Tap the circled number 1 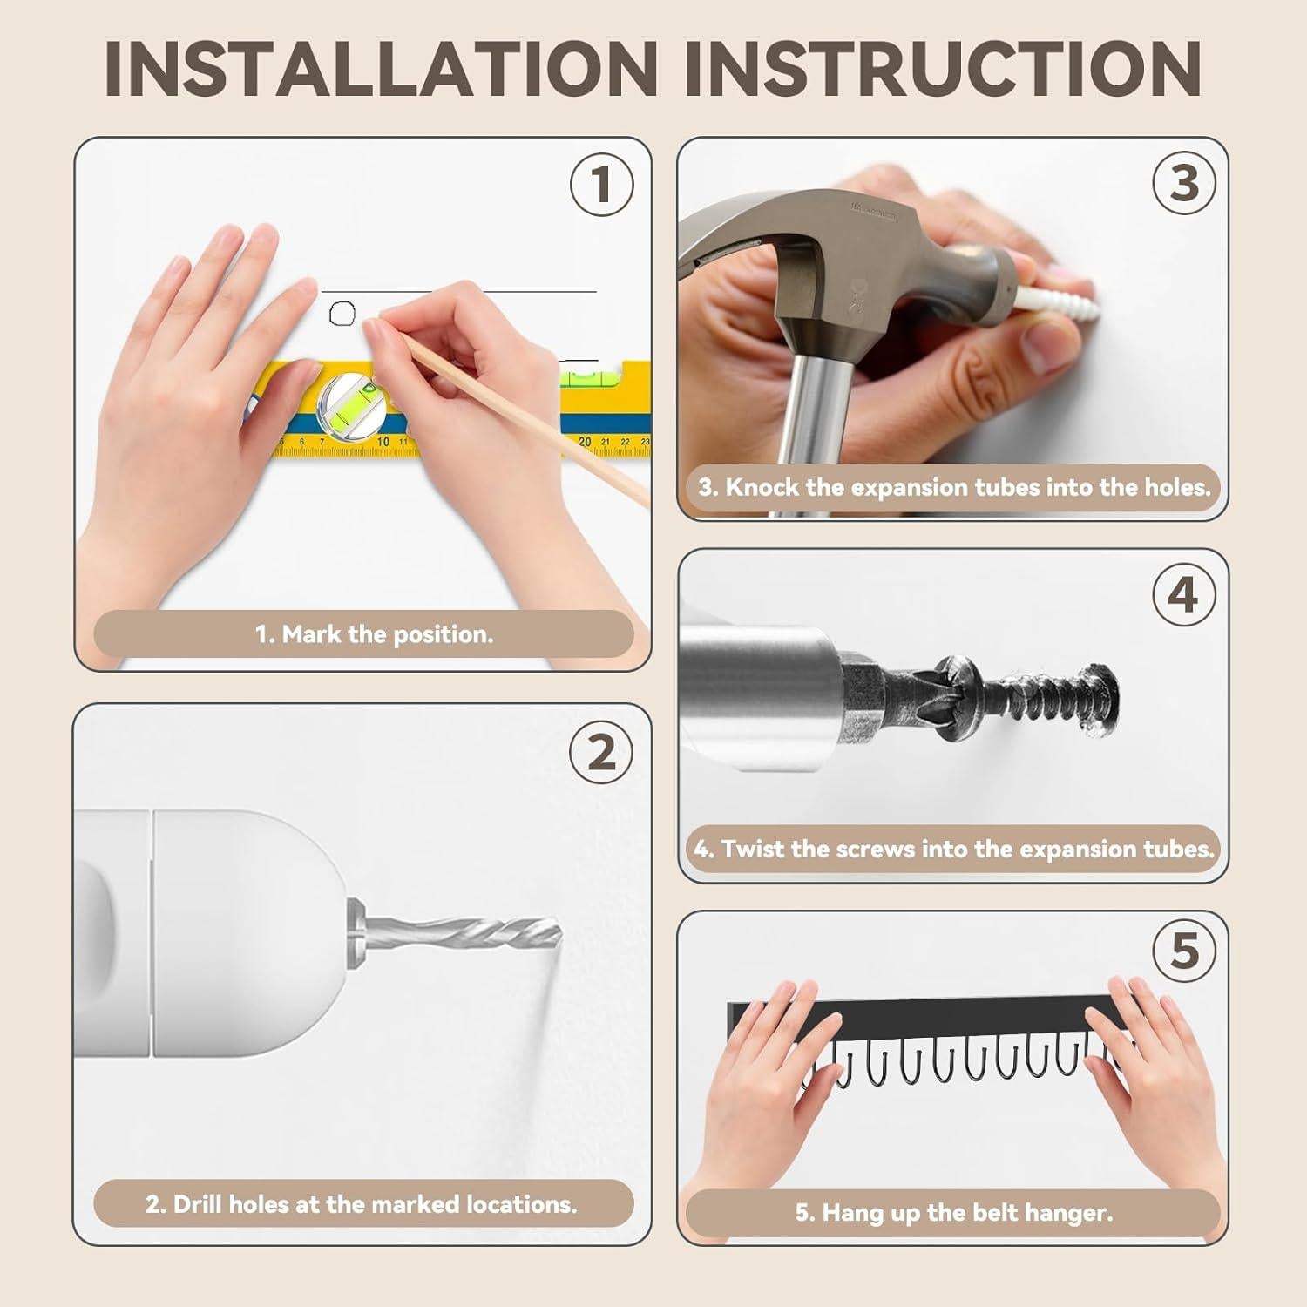click(x=601, y=184)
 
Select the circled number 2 click(x=601, y=752)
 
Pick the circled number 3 click(x=1184, y=183)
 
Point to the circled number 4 click(x=1184, y=595)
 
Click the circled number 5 click(x=1184, y=950)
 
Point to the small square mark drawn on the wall click(x=342, y=313)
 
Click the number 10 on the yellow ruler click(x=383, y=442)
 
